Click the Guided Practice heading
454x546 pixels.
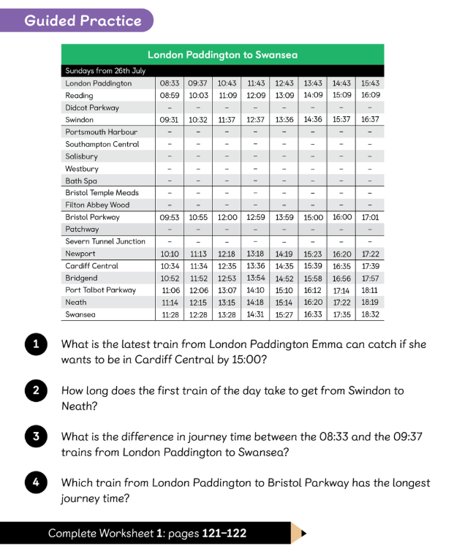(x=83, y=20)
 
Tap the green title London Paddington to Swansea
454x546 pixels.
(x=222, y=55)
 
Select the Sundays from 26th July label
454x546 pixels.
(x=105, y=71)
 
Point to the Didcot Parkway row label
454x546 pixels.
(x=92, y=107)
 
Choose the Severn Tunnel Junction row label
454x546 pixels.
(x=105, y=241)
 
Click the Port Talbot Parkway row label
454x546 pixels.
(x=100, y=290)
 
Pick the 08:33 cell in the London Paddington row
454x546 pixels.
(x=170, y=83)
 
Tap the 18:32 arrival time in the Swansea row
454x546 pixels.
(x=370, y=314)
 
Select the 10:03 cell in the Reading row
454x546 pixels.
(x=198, y=95)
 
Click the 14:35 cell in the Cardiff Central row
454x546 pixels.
(x=284, y=266)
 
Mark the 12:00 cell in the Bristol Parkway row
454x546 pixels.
(x=227, y=217)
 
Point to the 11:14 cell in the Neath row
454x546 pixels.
(x=170, y=302)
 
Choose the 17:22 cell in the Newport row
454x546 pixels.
(x=370, y=254)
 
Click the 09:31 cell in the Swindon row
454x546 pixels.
(x=170, y=120)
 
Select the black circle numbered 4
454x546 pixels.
(x=35, y=483)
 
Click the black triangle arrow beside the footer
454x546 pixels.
(x=303, y=533)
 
